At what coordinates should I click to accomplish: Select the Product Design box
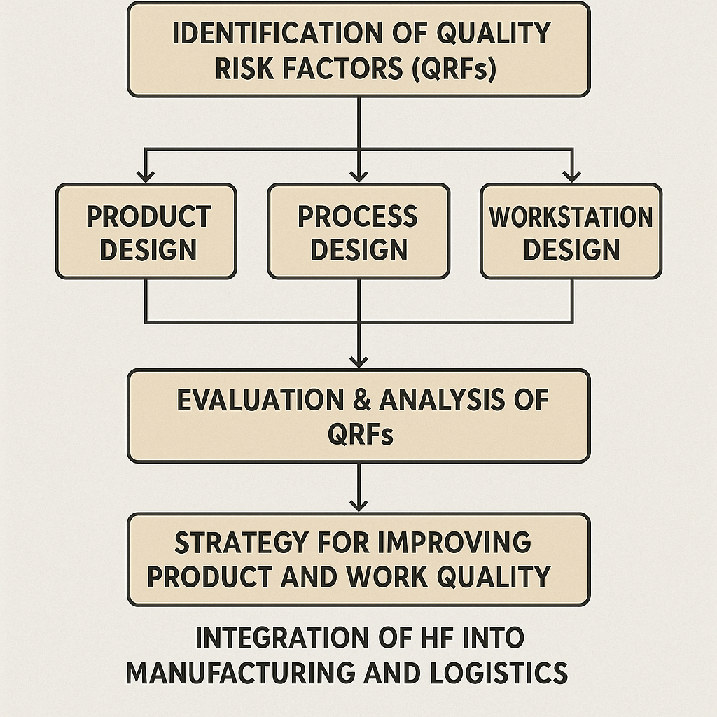(x=146, y=231)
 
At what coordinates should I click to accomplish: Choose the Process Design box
(x=358, y=231)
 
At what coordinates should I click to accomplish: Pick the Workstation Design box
(x=571, y=231)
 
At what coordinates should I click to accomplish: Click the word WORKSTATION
(x=571, y=216)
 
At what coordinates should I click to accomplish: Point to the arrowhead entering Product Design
(x=146, y=176)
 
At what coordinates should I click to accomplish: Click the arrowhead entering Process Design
(x=358, y=176)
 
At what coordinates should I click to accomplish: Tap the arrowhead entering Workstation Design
(x=571, y=176)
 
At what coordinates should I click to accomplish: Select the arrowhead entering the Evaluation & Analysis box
(x=358, y=362)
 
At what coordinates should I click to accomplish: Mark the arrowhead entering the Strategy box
(x=358, y=506)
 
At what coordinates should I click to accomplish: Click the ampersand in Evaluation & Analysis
(x=362, y=400)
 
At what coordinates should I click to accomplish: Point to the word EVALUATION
(x=260, y=400)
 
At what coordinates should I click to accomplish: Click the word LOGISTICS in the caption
(x=499, y=673)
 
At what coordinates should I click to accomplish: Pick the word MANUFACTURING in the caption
(x=241, y=673)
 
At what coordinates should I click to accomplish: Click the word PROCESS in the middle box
(x=358, y=216)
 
